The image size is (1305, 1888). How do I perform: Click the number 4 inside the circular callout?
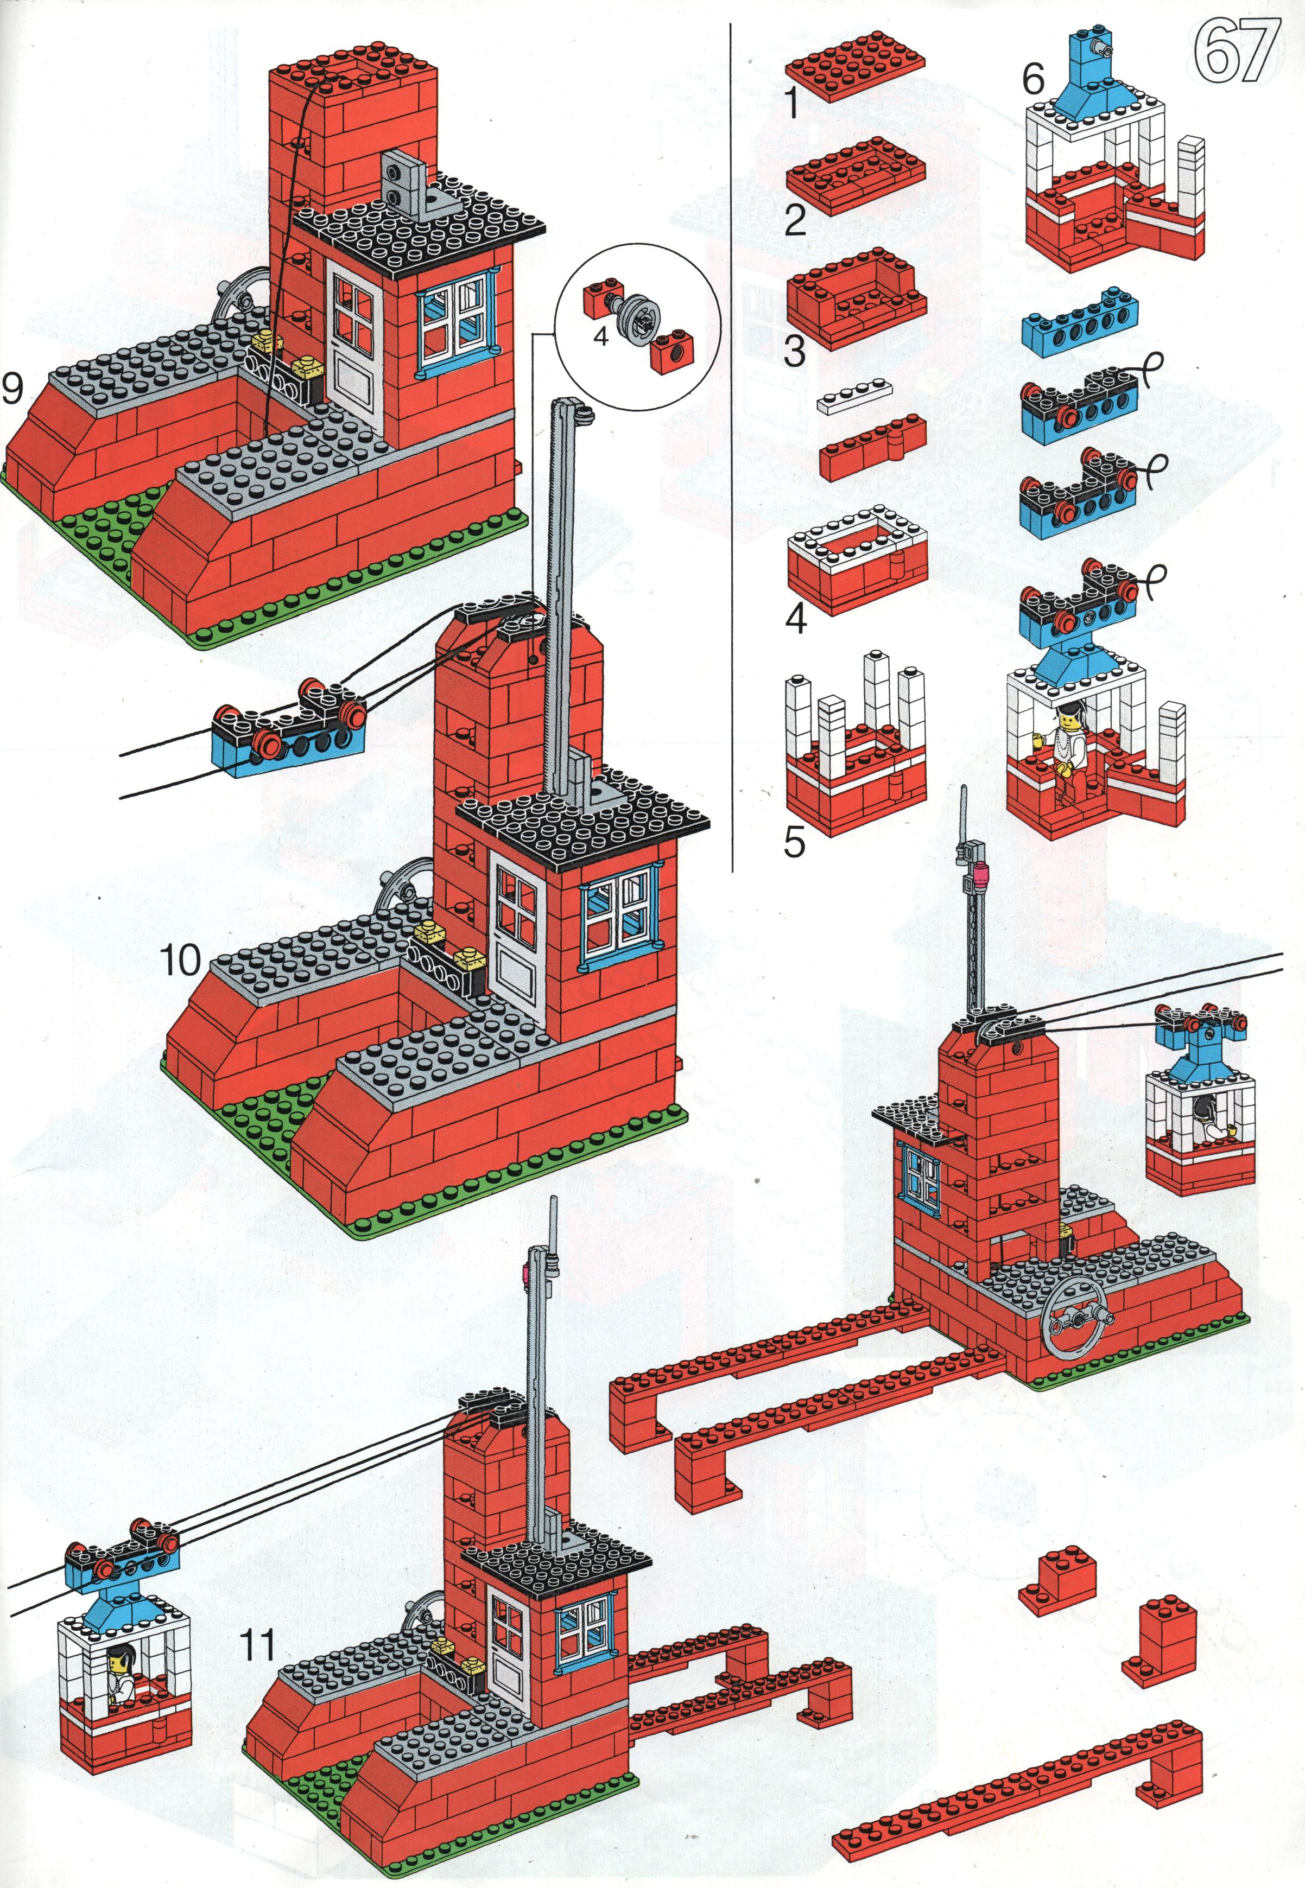pyautogui.click(x=601, y=336)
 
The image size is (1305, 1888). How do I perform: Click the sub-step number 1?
pyautogui.click(x=791, y=104)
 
